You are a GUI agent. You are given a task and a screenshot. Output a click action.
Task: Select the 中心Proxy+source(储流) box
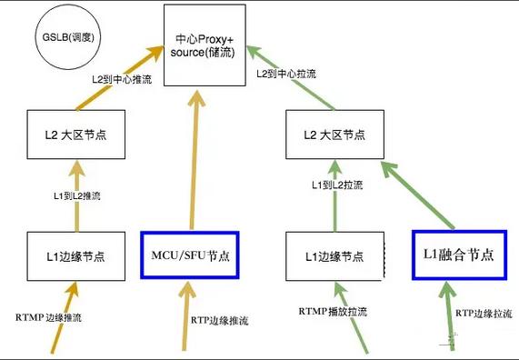point(204,45)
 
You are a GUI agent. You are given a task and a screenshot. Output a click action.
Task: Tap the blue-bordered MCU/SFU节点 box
point(191,255)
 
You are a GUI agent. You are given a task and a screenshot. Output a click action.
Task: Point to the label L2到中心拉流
point(285,74)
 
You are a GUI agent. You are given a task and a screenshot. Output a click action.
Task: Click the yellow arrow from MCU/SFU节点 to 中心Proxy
point(194,164)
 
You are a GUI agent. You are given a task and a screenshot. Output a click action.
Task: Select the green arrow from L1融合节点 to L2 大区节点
point(417,195)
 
